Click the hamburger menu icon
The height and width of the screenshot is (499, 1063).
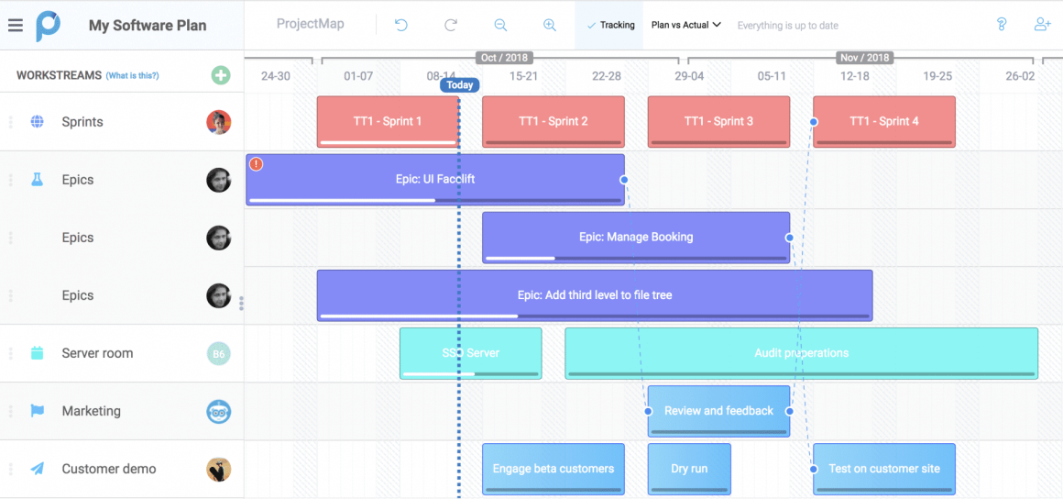(15, 25)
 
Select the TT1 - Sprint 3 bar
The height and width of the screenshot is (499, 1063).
(718, 121)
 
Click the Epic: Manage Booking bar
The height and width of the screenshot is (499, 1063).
(636, 237)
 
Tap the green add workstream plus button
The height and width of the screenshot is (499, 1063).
(221, 75)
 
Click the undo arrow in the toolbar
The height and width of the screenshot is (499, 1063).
(401, 25)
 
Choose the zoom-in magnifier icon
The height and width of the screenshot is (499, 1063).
(549, 25)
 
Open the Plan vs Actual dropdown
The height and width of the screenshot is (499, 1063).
(685, 25)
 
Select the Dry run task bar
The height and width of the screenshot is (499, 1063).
(689, 469)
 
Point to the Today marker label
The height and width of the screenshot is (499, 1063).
(460, 85)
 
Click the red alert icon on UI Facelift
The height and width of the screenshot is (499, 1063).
(257, 164)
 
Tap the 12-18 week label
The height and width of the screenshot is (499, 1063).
(854, 76)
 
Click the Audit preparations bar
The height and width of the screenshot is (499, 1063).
(801, 352)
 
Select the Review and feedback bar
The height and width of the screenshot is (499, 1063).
(718, 410)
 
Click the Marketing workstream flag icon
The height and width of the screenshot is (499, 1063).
(38, 411)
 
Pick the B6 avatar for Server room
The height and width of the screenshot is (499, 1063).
(219, 353)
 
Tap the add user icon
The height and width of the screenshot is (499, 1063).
(1042, 25)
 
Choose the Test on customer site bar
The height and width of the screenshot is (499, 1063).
(883, 469)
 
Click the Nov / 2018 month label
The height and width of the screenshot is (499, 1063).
(864, 58)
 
